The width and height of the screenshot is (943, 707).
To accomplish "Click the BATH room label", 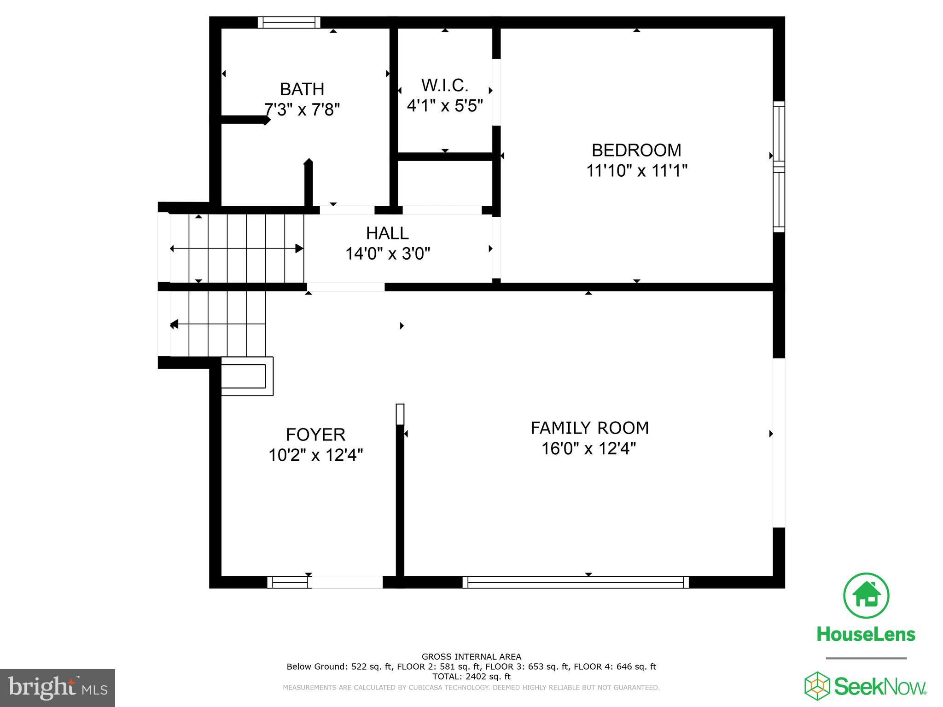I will [302, 89].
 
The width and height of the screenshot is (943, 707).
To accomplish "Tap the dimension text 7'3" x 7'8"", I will [302, 110].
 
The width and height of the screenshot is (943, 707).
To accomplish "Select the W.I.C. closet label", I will [445, 85].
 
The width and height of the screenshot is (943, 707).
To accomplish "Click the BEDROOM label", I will [636, 150].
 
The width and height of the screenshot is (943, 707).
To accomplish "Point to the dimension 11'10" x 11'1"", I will [636, 171].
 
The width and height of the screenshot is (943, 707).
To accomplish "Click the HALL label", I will [387, 233].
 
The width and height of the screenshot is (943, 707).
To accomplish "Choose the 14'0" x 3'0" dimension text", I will [388, 254].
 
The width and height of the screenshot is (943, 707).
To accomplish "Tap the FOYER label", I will [315, 435].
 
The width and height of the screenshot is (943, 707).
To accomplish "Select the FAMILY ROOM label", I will [589, 428].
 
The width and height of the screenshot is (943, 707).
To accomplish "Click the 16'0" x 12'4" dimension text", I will [588, 448].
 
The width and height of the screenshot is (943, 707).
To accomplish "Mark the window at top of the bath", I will [289, 22].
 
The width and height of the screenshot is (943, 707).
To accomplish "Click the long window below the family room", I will [576, 582].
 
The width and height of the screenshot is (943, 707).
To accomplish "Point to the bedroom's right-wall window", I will [779, 167].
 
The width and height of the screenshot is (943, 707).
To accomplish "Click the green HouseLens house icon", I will [866, 596].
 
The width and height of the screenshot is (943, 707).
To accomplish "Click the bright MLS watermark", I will [57, 688].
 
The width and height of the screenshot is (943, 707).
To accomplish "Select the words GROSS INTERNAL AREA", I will [471, 657].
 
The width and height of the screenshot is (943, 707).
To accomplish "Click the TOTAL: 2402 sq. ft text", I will [471, 677].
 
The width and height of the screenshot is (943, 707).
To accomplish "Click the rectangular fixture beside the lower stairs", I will [247, 376].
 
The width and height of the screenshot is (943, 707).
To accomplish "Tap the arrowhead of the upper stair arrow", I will [299, 249].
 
